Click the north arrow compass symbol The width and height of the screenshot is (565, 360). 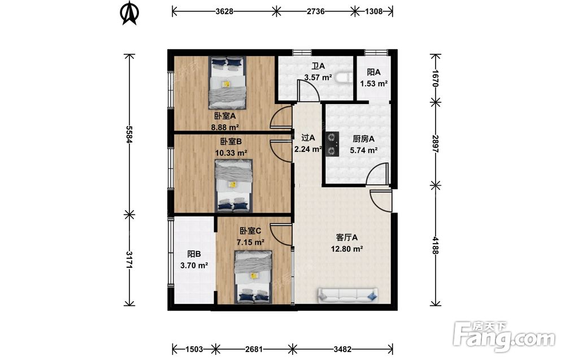(x=129, y=13)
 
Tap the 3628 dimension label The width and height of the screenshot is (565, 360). (x=224, y=11)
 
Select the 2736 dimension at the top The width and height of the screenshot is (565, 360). (x=315, y=11)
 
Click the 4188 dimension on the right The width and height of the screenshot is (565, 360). (x=436, y=245)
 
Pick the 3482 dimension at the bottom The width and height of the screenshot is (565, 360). (x=343, y=349)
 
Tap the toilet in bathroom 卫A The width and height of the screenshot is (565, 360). (x=344, y=78)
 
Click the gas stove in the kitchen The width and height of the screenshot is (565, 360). (x=332, y=144)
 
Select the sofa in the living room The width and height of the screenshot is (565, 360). (x=347, y=295)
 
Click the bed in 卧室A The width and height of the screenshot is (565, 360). (x=227, y=83)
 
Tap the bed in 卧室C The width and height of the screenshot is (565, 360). (x=253, y=277)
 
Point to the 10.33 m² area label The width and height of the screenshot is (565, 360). (x=231, y=153)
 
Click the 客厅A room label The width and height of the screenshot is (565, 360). (x=347, y=237)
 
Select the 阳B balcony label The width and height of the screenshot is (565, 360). (x=194, y=254)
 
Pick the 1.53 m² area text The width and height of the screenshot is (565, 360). (x=374, y=84)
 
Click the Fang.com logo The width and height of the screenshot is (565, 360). (x=505, y=336)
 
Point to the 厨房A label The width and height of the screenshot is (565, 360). (x=363, y=138)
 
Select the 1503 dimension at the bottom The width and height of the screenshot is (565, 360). (x=194, y=349)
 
